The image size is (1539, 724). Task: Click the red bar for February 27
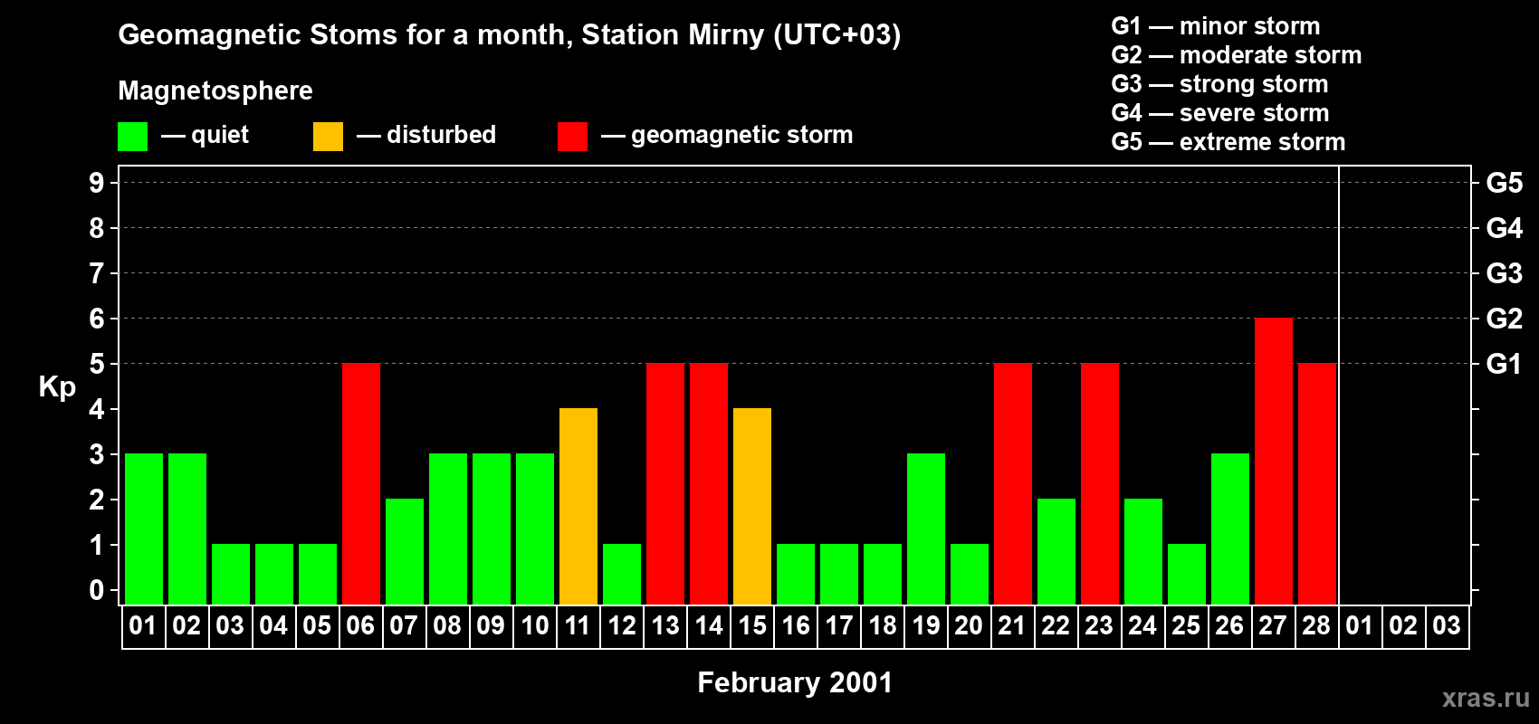point(1273,461)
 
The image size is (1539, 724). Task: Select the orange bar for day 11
point(578,506)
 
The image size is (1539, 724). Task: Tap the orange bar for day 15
point(752,506)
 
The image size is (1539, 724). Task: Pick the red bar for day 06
point(361,483)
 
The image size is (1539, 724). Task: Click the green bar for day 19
point(926,529)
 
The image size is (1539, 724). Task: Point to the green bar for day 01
point(144,529)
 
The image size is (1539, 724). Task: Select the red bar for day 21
point(1013,483)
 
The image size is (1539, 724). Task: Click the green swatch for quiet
point(133,137)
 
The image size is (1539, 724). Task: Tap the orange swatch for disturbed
point(328,137)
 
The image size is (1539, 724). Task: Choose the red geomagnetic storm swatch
point(572,137)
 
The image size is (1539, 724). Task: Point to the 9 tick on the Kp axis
point(97,183)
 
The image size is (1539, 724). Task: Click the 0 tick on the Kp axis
point(97,590)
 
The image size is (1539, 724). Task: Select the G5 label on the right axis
point(1504,183)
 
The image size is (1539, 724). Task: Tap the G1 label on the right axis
point(1504,364)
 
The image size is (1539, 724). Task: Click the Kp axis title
point(57,386)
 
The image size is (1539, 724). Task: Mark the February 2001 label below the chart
point(795,682)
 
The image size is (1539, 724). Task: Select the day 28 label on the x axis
point(1316,625)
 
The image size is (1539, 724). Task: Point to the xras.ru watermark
point(1486,698)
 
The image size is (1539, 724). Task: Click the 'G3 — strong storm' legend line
point(1219,84)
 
